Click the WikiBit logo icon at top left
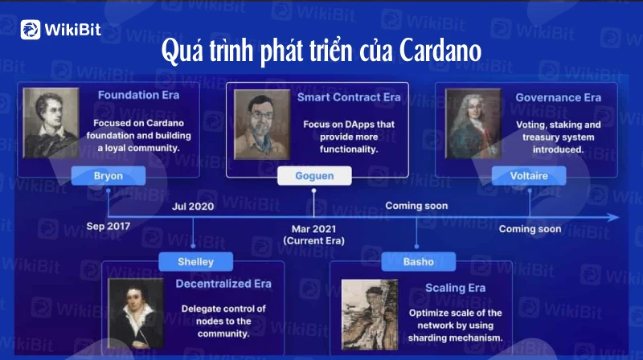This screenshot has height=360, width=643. click(31, 30)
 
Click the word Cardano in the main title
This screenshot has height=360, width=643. click(440, 51)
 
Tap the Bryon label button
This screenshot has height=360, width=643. click(109, 175)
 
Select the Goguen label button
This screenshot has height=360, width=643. click(314, 175)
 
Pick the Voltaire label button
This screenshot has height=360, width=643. click(529, 175)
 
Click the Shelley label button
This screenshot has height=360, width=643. click(195, 262)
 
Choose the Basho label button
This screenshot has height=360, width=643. click(418, 262)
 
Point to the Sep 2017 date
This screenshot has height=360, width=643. click(109, 227)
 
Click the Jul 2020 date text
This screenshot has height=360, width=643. click(193, 207)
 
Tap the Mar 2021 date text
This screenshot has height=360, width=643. click(313, 229)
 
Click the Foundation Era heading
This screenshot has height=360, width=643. click(138, 95)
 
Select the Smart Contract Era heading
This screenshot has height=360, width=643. click(349, 97)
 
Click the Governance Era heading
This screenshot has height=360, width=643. click(558, 97)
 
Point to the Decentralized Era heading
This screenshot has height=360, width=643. click(223, 284)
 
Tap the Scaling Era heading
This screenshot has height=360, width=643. click(455, 288)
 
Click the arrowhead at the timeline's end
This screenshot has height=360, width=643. click(614, 217)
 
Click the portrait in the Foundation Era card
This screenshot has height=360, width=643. click(51, 123)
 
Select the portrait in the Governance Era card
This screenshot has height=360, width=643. click(473, 124)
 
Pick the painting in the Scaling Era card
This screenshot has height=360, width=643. click(370, 314)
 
